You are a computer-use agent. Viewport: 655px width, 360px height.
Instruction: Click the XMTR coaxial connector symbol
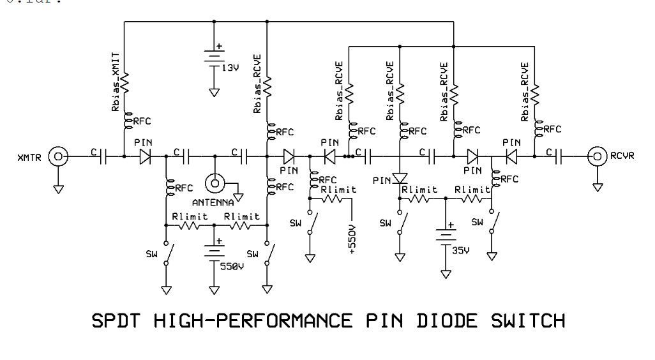tap(58, 155)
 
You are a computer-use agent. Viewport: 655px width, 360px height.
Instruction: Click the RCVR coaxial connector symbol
tap(598, 155)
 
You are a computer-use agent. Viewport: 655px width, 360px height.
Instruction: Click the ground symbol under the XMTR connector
tap(58, 189)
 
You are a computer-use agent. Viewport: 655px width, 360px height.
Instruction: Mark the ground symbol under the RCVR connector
tap(598, 187)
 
